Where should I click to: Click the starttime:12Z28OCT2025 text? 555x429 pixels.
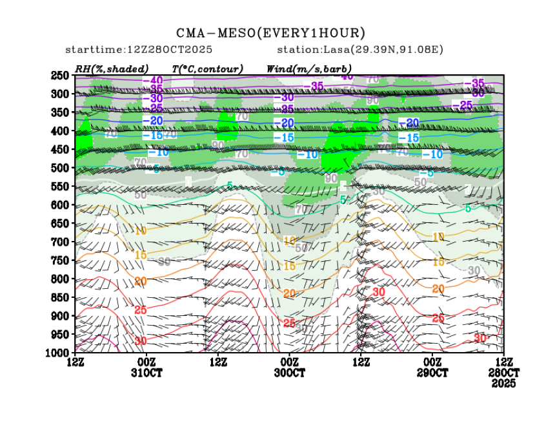(139, 50)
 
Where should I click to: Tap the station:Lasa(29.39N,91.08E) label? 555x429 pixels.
(360, 50)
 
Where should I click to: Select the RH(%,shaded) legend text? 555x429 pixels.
(112, 68)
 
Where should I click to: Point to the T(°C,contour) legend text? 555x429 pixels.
(207, 68)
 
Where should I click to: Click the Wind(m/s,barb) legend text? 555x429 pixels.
(309, 68)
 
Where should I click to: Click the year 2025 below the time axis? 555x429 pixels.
(504, 383)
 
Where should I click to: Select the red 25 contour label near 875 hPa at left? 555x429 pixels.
(140, 310)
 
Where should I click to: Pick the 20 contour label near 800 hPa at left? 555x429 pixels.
(141, 281)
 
